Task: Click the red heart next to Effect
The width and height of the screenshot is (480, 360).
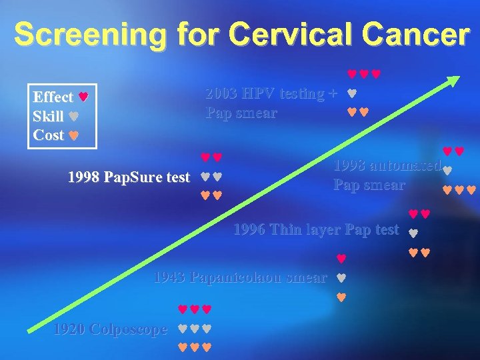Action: click(x=83, y=97)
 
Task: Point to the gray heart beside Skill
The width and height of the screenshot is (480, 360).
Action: click(x=74, y=116)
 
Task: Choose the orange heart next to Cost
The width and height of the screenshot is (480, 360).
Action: click(x=74, y=135)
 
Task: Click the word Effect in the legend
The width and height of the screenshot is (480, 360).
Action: click(x=53, y=97)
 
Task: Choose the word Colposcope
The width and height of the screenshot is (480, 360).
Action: click(x=129, y=329)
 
